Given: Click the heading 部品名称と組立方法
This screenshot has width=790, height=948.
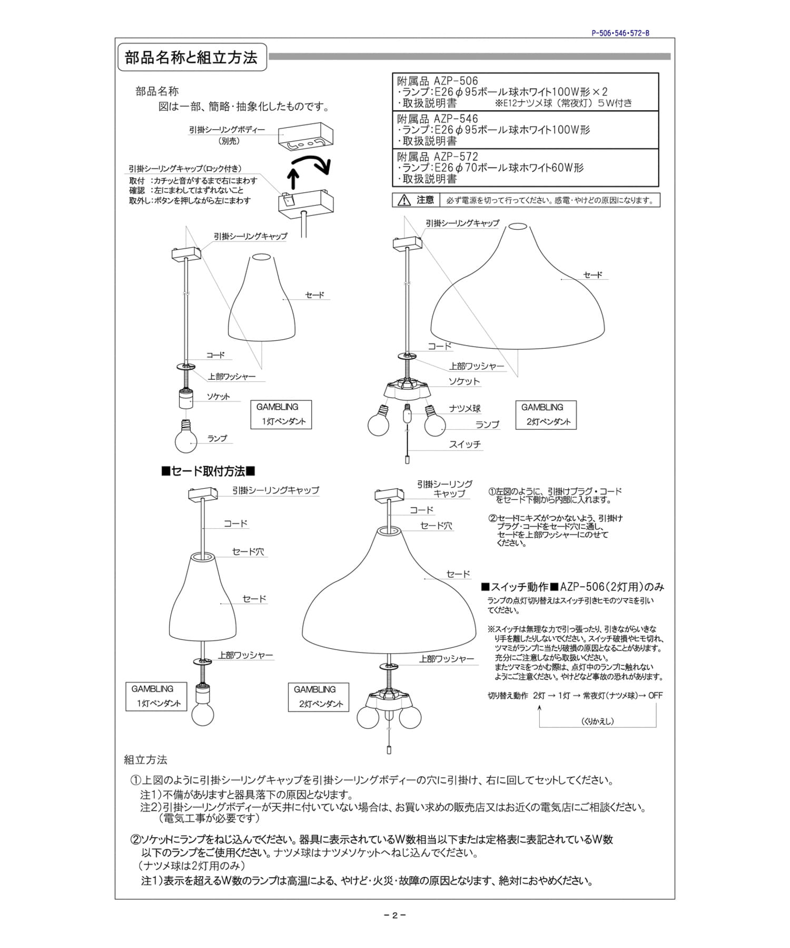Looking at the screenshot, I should pyautogui.click(x=191, y=57).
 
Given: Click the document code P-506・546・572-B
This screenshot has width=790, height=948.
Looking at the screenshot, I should pyautogui.click(x=620, y=33).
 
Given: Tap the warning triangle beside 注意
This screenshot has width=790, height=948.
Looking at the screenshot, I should pyautogui.click(x=404, y=200).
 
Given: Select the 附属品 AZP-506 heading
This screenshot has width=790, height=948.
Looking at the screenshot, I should pyautogui.click(x=438, y=81).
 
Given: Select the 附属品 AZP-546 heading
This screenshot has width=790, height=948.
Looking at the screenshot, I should pyautogui.click(x=438, y=119).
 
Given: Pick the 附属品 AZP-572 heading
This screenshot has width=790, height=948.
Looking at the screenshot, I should pyautogui.click(x=438, y=157).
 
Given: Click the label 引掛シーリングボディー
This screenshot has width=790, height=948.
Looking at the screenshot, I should pyautogui.click(x=227, y=130).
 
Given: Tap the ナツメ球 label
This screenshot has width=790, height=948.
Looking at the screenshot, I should pyautogui.click(x=465, y=409).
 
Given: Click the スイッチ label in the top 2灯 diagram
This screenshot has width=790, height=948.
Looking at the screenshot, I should pyautogui.click(x=465, y=445).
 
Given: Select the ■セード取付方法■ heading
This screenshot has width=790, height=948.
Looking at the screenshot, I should pyautogui.click(x=209, y=471).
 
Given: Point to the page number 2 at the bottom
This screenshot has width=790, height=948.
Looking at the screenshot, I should pyautogui.click(x=394, y=915).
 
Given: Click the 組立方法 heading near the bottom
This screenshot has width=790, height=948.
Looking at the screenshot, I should pyautogui.click(x=145, y=759).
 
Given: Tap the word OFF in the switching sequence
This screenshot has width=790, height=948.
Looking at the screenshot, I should pyautogui.click(x=655, y=696).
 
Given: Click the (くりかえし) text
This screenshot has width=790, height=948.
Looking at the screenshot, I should pyautogui.click(x=598, y=721).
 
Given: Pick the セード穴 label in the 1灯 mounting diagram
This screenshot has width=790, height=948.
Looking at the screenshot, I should pyautogui.click(x=248, y=552).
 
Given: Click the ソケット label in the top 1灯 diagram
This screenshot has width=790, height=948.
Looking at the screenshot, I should pyautogui.click(x=218, y=397).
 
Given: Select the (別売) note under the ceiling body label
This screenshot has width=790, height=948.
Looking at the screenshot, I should pyautogui.click(x=229, y=141).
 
